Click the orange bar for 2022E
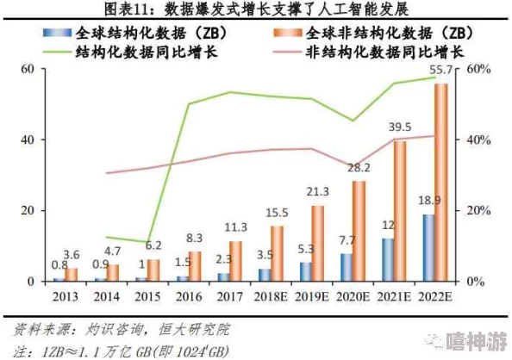(440, 183)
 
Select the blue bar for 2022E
(428, 248)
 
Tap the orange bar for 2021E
(400, 211)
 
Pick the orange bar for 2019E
(318, 244)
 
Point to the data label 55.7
(442, 70)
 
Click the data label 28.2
(359, 168)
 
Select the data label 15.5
(277, 212)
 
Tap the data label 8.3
(195, 238)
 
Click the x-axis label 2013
(65, 297)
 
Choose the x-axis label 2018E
(270, 297)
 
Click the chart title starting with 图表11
(256, 9)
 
